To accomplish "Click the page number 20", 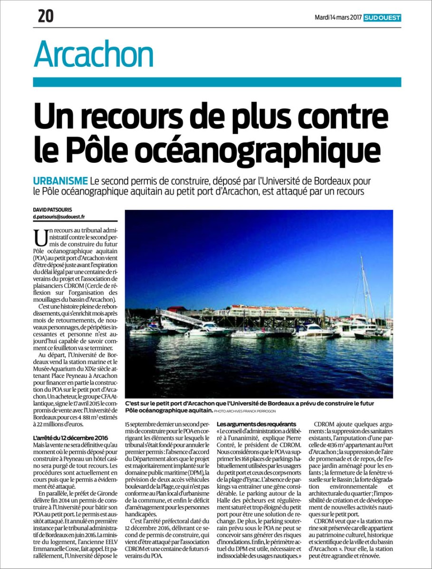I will (46, 17).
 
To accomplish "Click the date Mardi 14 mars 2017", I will (338, 18).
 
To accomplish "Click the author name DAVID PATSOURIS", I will (52, 209).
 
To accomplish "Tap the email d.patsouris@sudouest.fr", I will (59, 217).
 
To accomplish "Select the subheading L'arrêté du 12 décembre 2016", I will (70, 437).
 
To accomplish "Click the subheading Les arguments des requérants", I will (256, 423).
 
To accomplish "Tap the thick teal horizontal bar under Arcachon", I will (217, 82).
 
